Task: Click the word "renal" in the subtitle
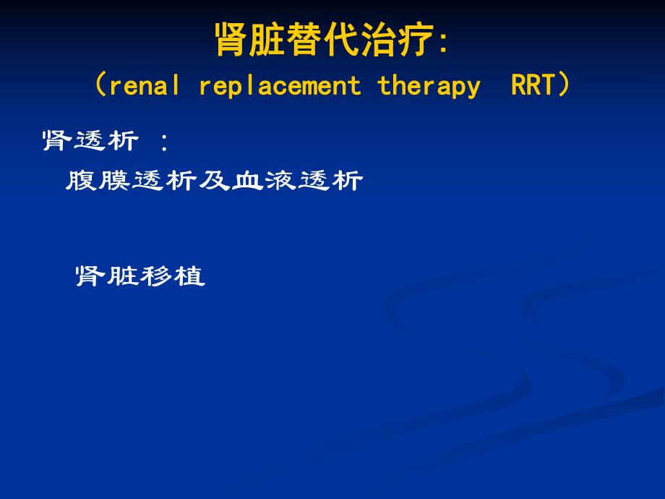click(x=144, y=86)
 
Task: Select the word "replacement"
click(x=279, y=86)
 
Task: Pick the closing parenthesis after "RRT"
click(x=565, y=86)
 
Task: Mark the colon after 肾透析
click(x=164, y=141)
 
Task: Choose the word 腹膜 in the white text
click(x=98, y=181)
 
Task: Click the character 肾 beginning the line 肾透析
click(x=57, y=141)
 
